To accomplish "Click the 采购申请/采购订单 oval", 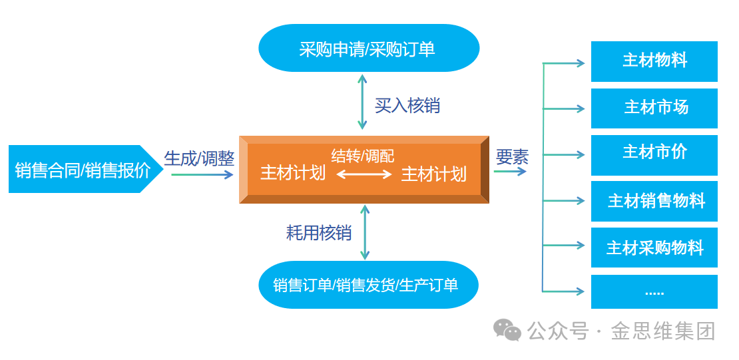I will (x=368, y=49).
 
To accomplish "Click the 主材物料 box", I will (x=654, y=61).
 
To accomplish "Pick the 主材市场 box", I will (x=654, y=108).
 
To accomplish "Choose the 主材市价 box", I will (x=654, y=154).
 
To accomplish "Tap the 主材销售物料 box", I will (x=654, y=201).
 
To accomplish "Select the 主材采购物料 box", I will (x=654, y=248).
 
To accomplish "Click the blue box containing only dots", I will (x=654, y=292).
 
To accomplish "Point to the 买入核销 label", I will (x=407, y=105).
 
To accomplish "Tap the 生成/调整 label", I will (x=199, y=158).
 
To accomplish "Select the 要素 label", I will (x=512, y=157).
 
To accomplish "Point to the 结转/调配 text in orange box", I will (x=362, y=156).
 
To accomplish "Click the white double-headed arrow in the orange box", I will (x=364, y=174).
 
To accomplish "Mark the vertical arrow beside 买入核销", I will (x=362, y=102).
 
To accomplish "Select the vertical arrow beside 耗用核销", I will (x=364, y=232).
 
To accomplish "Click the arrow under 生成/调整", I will (x=202, y=175).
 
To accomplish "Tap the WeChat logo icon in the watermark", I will (x=507, y=329).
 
